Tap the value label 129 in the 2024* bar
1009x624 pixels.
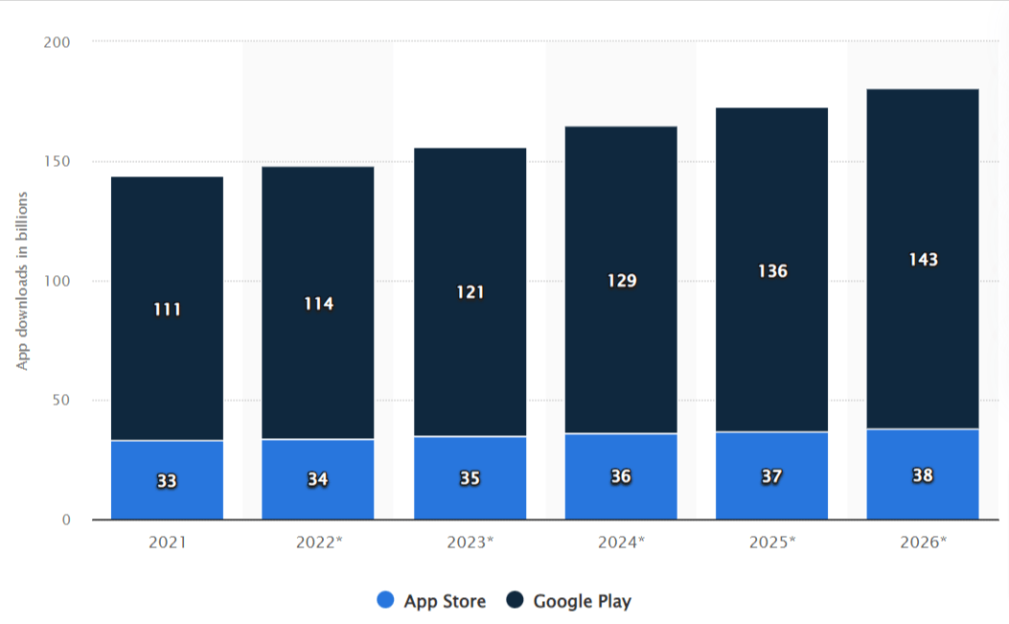coord(621,281)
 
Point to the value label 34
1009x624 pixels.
coord(318,479)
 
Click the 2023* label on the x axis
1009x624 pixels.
coord(470,542)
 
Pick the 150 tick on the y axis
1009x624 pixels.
coord(58,162)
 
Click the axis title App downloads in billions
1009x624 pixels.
coord(22,281)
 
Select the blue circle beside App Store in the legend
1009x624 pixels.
coord(385,601)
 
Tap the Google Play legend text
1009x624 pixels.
coord(582,601)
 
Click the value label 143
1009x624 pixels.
coord(923,260)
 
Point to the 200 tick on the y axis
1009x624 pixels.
coord(58,42)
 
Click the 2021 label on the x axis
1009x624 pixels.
coord(167,542)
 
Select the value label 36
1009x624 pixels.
coord(621,476)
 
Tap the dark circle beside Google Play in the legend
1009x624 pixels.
coord(516,601)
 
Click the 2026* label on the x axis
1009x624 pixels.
coord(923,542)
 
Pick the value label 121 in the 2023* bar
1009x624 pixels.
coord(470,292)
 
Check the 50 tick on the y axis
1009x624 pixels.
coord(62,401)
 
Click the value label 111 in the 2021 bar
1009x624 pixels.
coord(167,310)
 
